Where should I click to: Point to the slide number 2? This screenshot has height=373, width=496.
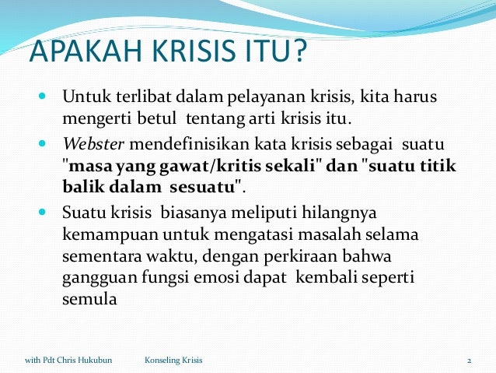pos(470,361)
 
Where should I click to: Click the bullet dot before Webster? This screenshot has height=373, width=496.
pos(40,144)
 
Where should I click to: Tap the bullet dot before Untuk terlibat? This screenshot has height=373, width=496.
pos(40,98)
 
